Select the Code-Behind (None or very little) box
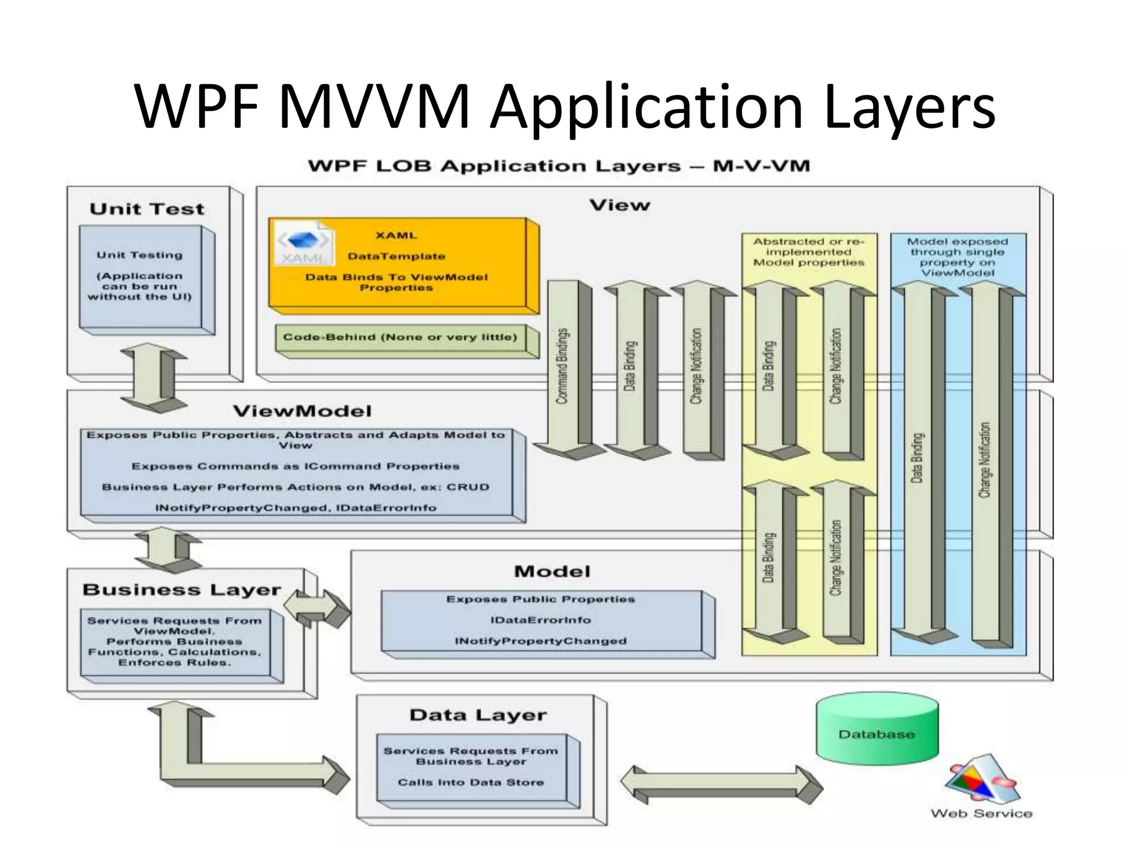(x=400, y=337)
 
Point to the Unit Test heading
(x=147, y=209)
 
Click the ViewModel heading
(x=302, y=411)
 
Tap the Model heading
(x=552, y=571)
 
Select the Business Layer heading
(x=182, y=590)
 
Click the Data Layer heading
(x=478, y=715)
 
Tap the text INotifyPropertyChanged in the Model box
(x=540, y=641)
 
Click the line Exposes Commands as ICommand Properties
(x=295, y=467)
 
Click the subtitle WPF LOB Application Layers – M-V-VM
(x=558, y=166)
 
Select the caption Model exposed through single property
(x=958, y=257)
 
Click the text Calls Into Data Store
(x=471, y=782)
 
